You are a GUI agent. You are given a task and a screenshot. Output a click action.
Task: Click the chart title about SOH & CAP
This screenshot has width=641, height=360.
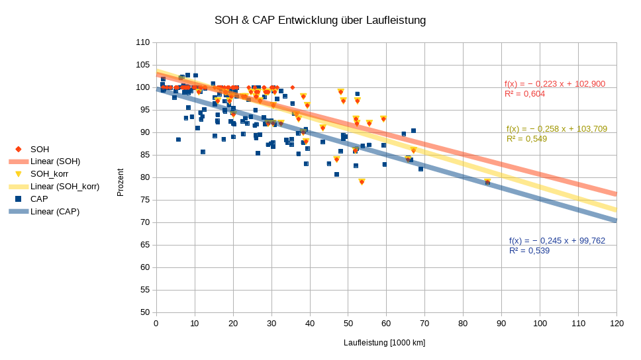320,21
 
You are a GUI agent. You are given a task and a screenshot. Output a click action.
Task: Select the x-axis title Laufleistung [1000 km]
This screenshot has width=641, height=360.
384,343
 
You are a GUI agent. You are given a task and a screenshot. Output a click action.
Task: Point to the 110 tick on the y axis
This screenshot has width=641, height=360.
142,42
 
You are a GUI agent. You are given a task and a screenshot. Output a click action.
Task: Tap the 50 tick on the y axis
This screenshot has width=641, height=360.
144,312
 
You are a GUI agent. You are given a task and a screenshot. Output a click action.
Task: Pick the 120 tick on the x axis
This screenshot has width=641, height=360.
616,324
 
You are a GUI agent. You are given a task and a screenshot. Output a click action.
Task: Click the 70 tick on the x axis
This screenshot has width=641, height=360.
424,324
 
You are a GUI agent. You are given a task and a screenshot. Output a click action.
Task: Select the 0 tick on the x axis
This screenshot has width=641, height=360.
156,324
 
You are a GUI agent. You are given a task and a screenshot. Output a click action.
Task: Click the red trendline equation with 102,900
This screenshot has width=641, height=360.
555,84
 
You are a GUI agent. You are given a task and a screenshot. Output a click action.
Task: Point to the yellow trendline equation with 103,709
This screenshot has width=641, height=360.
556,129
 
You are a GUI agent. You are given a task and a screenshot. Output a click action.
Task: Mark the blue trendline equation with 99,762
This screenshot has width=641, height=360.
557,241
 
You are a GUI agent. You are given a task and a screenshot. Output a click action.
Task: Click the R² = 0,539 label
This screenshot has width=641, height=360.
529,251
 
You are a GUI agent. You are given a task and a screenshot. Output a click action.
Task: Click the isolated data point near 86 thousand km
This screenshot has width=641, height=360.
487,182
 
